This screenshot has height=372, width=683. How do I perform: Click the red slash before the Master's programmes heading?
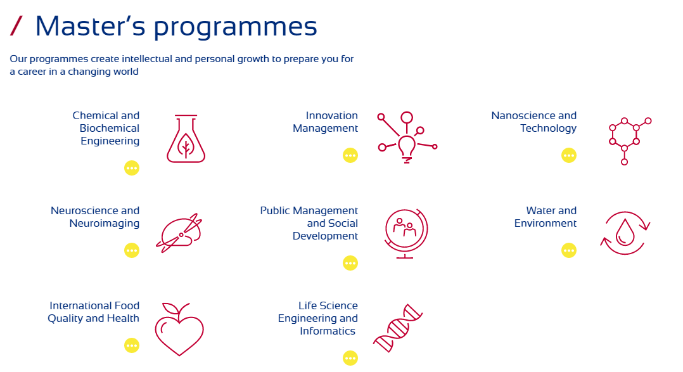(x=16, y=26)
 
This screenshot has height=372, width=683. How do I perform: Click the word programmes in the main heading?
(x=235, y=27)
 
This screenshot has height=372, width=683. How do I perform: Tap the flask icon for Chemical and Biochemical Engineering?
(x=186, y=139)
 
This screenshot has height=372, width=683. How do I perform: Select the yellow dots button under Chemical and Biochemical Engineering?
(x=132, y=168)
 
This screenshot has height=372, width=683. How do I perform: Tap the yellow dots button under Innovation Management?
(x=350, y=155)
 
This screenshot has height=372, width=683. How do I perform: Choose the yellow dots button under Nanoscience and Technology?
(x=569, y=155)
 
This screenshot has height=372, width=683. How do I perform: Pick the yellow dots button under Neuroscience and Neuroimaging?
(x=132, y=250)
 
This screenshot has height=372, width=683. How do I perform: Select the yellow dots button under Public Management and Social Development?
(x=350, y=262)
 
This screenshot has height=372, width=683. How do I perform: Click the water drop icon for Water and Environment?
(x=625, y=233)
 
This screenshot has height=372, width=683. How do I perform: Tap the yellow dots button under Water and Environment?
(x=569, y=250)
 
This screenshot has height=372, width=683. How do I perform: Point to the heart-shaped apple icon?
(x=179, y=329)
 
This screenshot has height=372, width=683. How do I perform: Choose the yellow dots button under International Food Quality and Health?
(x=132, y=345)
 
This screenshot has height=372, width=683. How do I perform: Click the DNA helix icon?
(x=398, y=328)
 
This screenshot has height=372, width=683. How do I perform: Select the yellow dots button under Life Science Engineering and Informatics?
(x=350, y=358)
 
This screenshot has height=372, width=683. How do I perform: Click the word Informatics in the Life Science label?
(x=328, y=331)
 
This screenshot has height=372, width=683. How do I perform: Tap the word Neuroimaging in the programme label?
(x=105, y=224)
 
